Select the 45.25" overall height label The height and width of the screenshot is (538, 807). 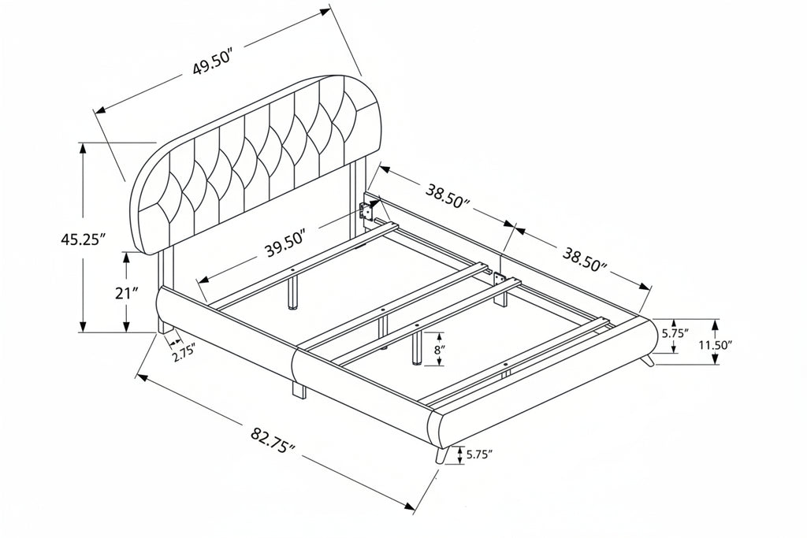pyautogui.click(x=83, y=239)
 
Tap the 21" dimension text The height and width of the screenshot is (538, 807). pyautogui.click(x=127, y=294)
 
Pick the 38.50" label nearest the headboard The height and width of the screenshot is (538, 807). pyautogui.click(x=448, y=195)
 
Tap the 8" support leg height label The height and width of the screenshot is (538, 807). pyautogui.click(x=439, y=351)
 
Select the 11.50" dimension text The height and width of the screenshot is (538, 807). pyautogui.click(x=715, y=344)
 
